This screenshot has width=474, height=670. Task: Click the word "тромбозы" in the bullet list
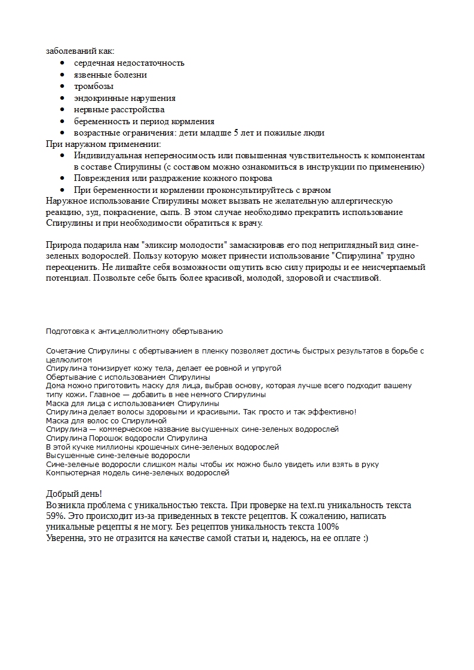tap(94, 87)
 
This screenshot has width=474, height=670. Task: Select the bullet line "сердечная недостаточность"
tap(129, 63)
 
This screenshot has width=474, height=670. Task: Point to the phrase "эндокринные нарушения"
tap(124, 98)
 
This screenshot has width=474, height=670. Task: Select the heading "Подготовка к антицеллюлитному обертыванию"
tap(134, 330)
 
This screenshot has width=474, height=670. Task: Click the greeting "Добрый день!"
tap(74, 494)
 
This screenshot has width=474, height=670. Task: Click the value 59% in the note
tap(56, 516)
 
